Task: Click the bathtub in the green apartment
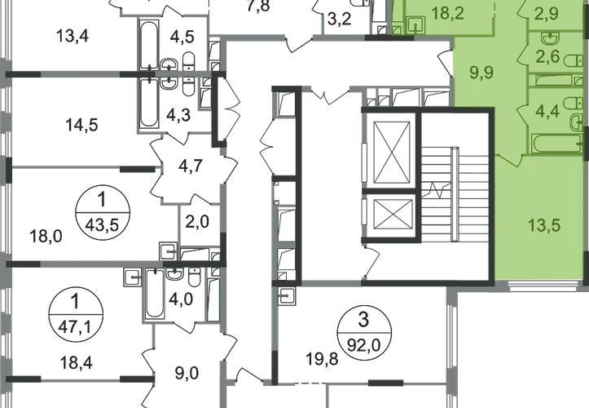click(553, 144)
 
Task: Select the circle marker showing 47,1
click(77, 308)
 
